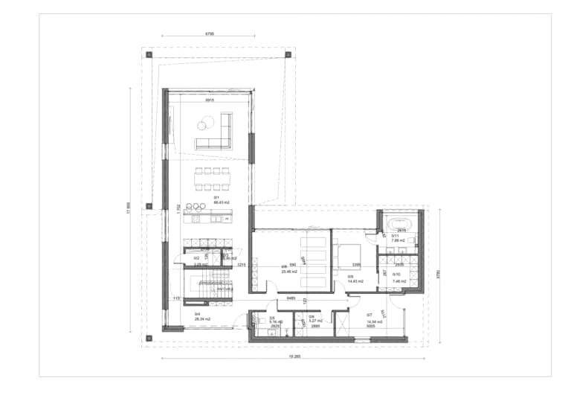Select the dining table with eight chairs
point(213,179)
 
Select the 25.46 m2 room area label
point(289,272)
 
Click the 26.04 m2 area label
point(202,319)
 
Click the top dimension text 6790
point(210,34)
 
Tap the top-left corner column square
point(149,54)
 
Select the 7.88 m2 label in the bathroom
point(398,241)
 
